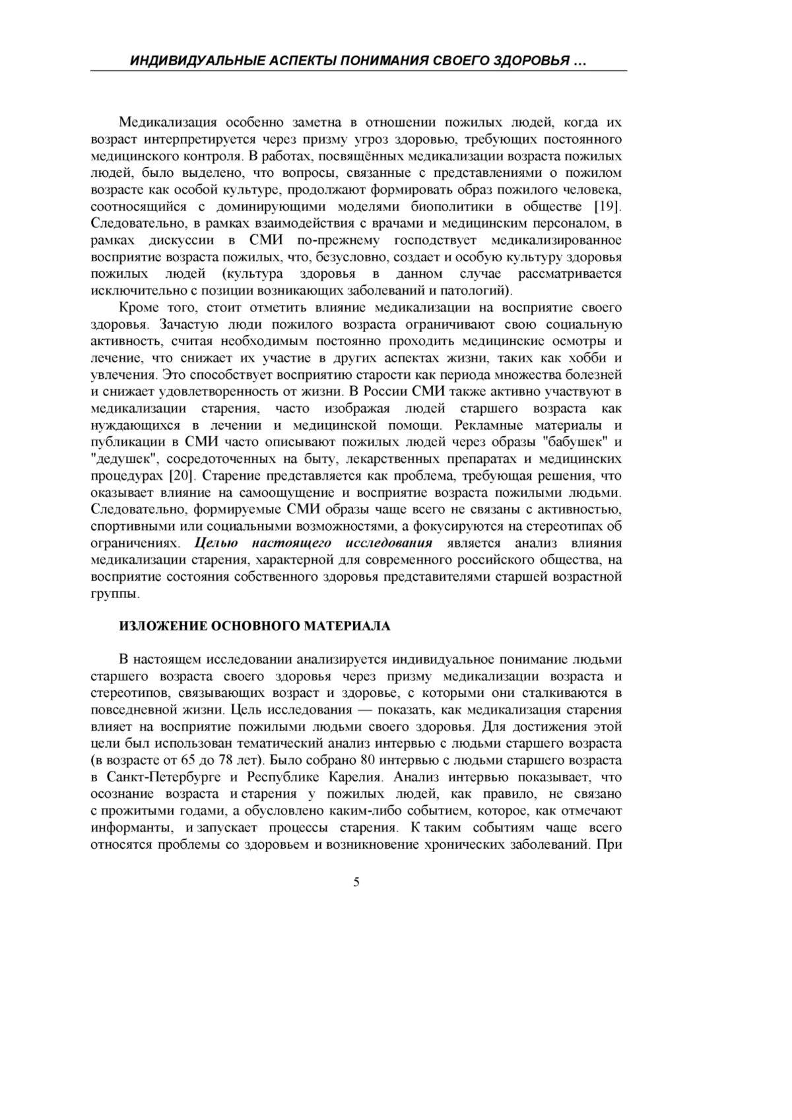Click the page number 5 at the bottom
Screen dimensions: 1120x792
click(x=356, y=882)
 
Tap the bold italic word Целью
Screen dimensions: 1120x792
click(x=214, y=543)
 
